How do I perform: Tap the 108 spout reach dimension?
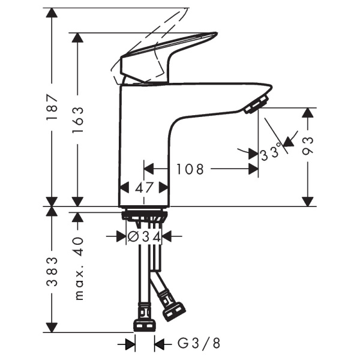[190, 170]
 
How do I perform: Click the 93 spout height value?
[308, 146]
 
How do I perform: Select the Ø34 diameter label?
[144, 237]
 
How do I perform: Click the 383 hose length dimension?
[53, 271]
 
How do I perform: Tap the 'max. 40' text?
[77, 268]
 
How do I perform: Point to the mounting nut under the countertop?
[144, 215]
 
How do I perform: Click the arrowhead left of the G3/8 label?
[130, 344]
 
